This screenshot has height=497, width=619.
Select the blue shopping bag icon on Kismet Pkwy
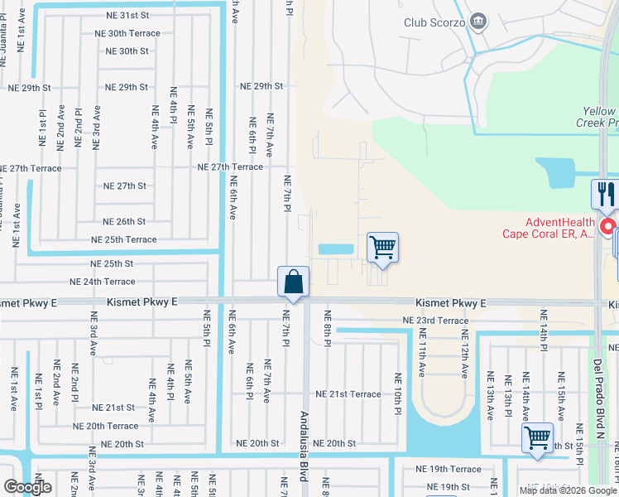(294, 282)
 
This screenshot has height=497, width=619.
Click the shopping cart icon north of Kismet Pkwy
(382, 248)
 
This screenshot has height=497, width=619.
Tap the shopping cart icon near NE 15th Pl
(537, 437)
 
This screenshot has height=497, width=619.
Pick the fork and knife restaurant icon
(605, 195)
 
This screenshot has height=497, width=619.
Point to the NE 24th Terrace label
(102, 282)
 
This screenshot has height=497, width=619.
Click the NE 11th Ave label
(422, 353)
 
